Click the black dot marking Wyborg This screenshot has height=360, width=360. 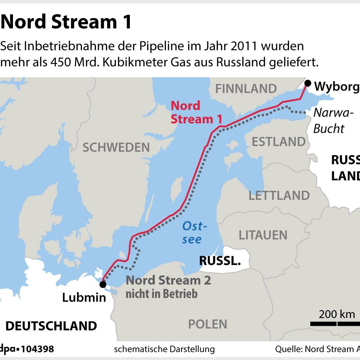pyautogui.click(x=307, y=83)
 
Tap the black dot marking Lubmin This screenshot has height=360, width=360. pyautogui.click(x=103, y=284)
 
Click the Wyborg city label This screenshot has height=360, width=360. pyautogui.click(x=337, y=87)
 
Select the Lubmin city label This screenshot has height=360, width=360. pyautogui.click(x=84, y=298)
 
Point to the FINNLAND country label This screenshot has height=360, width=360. pyautogui.click(x=246, y=88)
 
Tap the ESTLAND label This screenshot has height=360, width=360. pyautogui.click(x=278, y=142)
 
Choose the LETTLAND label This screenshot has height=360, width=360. pyautogui.click(x=279, y=196)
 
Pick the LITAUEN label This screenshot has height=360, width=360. pyautogui.click(x=263, y=235)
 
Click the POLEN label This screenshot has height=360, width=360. pyautogui.click(x=208, y=324)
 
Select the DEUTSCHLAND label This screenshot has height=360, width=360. pyautogui.click(x=51, y=326)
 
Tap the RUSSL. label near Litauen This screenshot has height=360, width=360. pyautogui.click(x=220, y=261)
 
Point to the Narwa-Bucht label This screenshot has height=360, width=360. pyautogui.click(x=332, y=120)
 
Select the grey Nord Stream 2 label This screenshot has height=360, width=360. pyautogui.click(x=168, y=280)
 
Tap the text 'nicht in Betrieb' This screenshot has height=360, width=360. pyautogui.click(x=162, y=294)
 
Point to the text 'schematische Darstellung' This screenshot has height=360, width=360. pyautogui.click(x=164, y=349)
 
